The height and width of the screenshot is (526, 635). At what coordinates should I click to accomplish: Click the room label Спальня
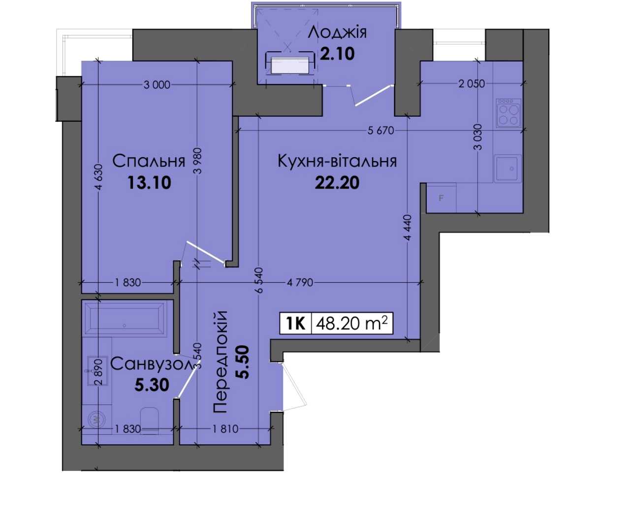coord(149,161)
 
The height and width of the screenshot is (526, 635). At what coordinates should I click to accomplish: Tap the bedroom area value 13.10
coord(149,183)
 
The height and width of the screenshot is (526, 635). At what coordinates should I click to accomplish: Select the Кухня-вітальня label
coord(337,161)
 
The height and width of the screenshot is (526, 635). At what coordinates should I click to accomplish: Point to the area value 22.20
coord(337,183)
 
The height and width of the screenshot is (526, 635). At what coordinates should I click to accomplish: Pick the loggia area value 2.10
coord(337,54)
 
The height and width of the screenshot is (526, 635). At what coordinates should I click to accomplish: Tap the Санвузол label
coord(152,364)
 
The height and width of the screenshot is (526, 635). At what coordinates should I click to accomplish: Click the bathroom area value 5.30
coord(152,385)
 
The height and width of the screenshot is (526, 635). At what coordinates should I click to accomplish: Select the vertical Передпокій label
coord(220,362)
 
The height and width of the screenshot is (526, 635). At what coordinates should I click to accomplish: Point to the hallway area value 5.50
coord(244,362)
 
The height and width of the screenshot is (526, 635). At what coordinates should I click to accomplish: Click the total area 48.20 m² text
coord(352,323)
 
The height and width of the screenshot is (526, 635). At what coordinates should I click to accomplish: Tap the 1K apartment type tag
coord(296,324)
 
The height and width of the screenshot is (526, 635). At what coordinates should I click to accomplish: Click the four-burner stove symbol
coord(508,113)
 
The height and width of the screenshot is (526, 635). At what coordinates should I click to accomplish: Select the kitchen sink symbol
coord(508,168)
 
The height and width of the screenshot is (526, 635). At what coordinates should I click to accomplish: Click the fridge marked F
coord(441,198)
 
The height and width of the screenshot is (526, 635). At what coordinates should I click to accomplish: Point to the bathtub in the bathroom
coord(124,318)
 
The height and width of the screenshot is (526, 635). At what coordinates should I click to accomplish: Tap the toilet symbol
coord(149,421)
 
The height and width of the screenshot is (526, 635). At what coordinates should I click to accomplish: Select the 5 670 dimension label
coord(381,131)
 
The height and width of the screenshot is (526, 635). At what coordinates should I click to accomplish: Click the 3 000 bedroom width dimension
coord(157,85)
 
